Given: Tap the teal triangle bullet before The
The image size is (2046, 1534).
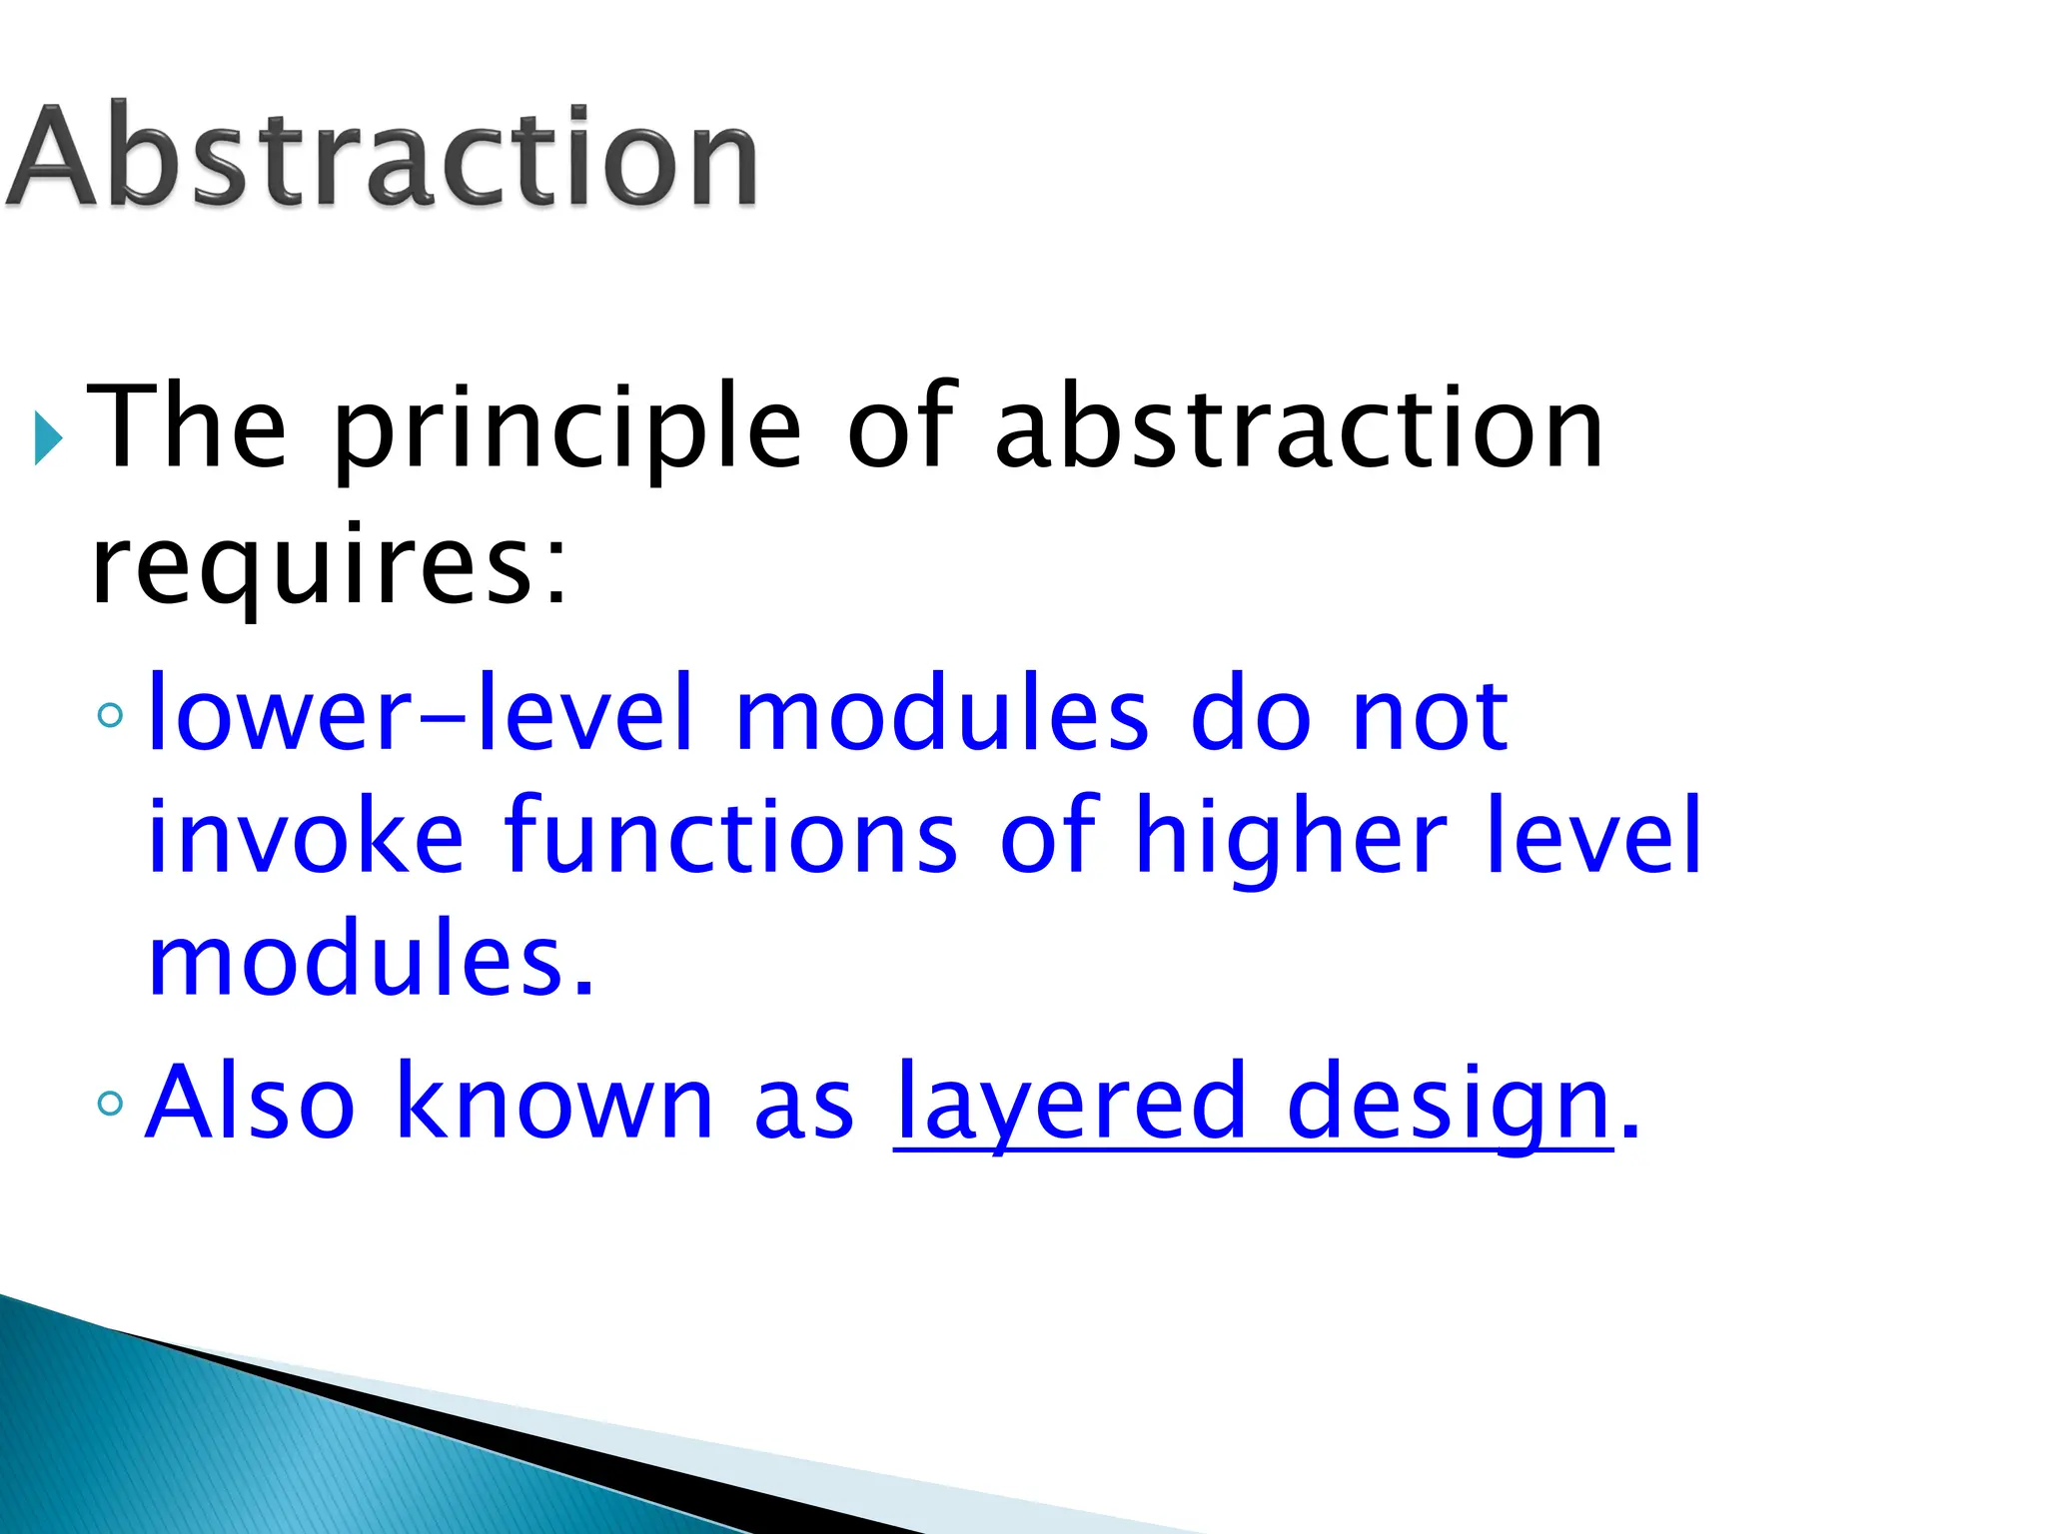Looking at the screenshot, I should pyautogui.click(x=47, y=436).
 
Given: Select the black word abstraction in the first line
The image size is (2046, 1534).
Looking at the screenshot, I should pyautogui.click(x=1299, y=427).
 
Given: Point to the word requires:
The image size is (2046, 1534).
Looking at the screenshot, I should pyautogui.click(x=330, y=566).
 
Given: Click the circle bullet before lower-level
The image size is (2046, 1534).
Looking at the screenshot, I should pyautogui.click(x=111, y=715).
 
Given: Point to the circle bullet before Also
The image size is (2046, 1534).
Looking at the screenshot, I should pyautogui.click(x=111, y=1103).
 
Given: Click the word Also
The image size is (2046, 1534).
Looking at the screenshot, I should pyautogui.click(x=250, y=1101).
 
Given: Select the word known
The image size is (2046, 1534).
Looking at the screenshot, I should pyautogui.click(x=554, y=1101).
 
